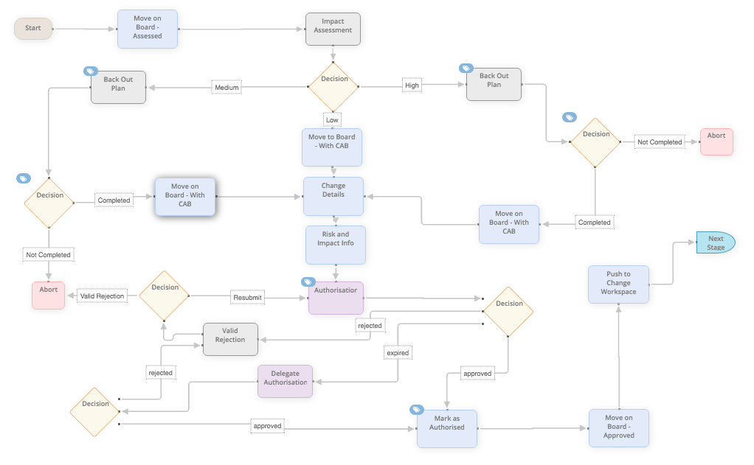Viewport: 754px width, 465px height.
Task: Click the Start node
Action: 32,28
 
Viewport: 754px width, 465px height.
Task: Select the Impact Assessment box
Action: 333,29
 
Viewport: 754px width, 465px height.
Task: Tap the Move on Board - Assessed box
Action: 147,29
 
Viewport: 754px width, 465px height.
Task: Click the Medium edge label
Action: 226,88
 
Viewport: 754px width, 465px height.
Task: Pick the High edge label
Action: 412,85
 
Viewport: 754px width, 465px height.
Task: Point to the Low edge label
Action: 332,119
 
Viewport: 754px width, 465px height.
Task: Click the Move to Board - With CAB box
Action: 332,147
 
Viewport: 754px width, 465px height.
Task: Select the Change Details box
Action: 333,196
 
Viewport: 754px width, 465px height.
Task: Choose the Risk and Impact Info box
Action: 335,245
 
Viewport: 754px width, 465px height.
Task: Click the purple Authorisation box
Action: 336,298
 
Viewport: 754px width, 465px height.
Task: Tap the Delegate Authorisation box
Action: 286,382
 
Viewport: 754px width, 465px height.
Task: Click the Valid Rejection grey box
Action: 230,339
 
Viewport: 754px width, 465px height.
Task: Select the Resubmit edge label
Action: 247,298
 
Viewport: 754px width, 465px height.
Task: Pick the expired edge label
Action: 398,352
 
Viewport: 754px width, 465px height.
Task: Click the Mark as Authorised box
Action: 447,428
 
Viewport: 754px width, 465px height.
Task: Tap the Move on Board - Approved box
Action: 619,428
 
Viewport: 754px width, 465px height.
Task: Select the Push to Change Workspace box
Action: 618,284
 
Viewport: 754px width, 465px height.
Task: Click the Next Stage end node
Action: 716,242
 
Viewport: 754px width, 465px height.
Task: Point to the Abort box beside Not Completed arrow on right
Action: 716,141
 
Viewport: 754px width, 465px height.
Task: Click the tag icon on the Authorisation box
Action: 308,282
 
